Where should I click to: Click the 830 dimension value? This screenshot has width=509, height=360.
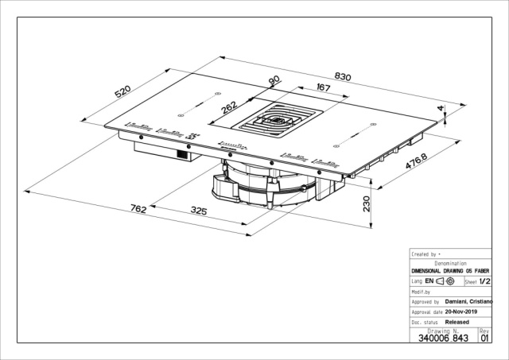pyautogui.click(x=342, y=76)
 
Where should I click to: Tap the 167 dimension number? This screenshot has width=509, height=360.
pyautogui.click(x=324, y=88)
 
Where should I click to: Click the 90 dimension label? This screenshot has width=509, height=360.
pyautogui.click(x=273, y=82)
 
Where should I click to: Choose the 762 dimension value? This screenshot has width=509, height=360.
pyautogui.click(x=137, y=209)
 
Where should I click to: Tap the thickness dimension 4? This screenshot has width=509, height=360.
pyautogui.click(x=440, y=107)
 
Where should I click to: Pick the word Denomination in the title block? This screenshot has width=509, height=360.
pyautogui.click(x=450, y=263)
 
